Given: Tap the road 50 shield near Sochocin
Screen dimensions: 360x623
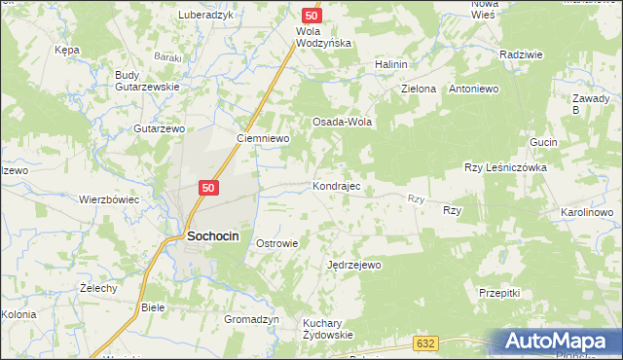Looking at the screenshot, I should coord(210,188).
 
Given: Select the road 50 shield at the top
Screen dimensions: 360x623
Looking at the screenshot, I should coord(311,16).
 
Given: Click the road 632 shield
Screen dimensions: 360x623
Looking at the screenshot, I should coord(424,343).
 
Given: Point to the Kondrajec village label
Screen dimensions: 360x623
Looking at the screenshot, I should coord(337,185).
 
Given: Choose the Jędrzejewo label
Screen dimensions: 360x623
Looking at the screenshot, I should coord(354,264).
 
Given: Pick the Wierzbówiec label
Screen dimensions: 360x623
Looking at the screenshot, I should coord(110,199).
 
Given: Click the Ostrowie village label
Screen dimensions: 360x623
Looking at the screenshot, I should coord(276,243).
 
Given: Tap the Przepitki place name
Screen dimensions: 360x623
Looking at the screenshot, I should coord(501,292).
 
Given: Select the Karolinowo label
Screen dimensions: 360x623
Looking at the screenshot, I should coord(586,212).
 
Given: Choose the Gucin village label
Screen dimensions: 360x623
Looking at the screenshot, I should coord(543,142).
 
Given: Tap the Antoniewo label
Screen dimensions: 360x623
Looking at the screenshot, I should coord(473,89).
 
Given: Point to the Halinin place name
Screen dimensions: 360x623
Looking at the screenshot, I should coord(390,64).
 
